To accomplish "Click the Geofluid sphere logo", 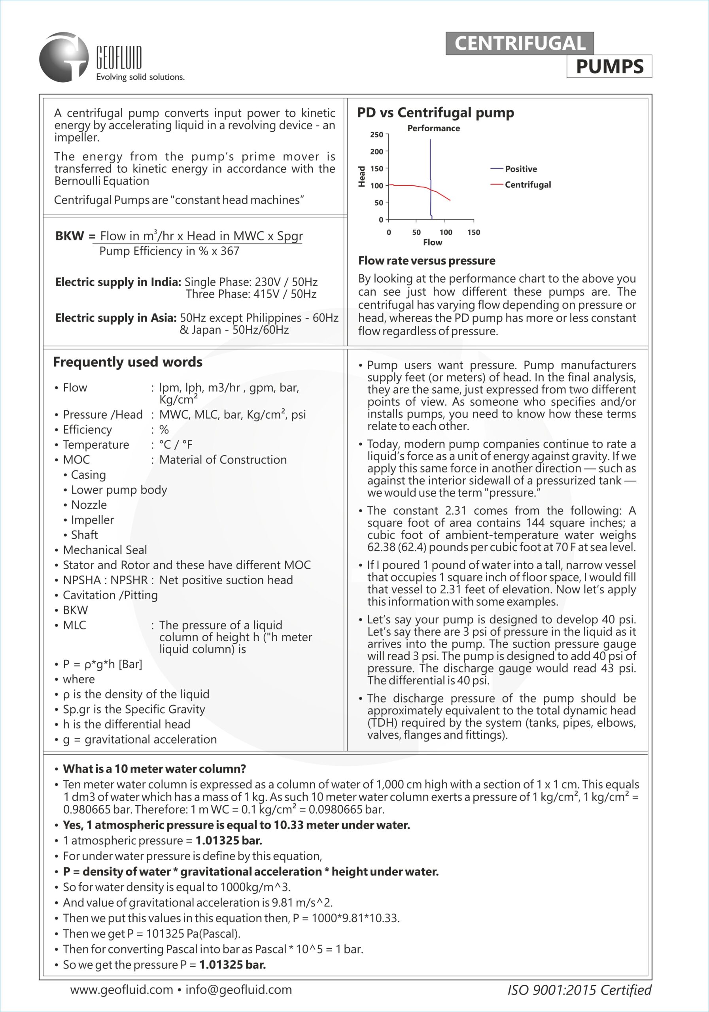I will tap(64, 57).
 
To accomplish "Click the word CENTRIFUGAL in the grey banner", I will tap(520, 43).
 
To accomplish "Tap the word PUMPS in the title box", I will tap(609, 66).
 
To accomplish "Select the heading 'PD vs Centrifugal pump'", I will tap(435, 113).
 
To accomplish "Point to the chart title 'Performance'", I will tap(433, 128).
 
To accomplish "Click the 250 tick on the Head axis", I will tap(376, 134).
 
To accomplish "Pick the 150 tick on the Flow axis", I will tap(474, 232).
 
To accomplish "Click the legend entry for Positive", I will tap(521, 169).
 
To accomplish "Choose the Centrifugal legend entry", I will tap(527, 185).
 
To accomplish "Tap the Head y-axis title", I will tap(362, 176).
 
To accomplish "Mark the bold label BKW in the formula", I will tap(69, 236).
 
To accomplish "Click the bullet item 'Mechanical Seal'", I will tap(105, 549).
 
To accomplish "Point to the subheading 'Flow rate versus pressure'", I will tap(426, 261).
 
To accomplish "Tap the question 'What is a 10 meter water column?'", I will tap(154, 769).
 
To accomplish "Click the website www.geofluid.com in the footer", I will tap(121, 989).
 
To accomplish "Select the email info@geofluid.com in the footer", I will tap(238, 989).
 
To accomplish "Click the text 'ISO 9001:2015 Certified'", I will tap(579, 990).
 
